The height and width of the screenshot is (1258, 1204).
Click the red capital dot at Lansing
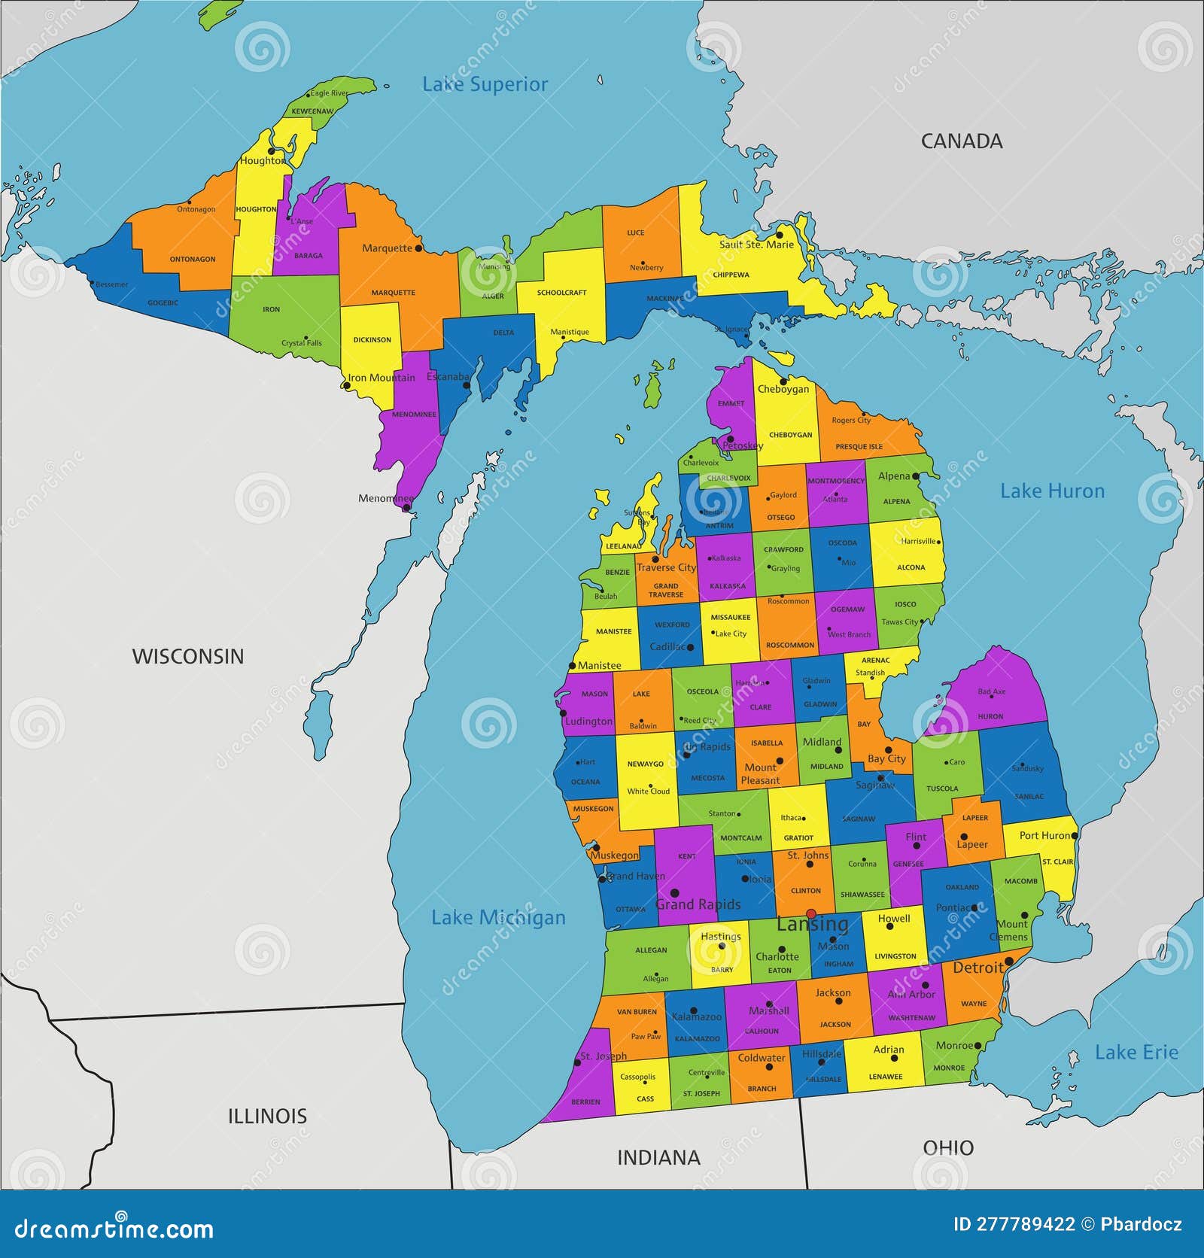tap(811, 913)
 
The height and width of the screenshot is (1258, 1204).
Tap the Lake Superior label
tap(485, 84)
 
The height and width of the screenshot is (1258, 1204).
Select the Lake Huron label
tap(1052, 491)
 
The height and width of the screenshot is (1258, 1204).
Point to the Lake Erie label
tap(1136, 1053)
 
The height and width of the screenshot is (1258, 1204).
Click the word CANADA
tap(962, 141)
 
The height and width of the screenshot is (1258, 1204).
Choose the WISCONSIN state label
tap(188, 656)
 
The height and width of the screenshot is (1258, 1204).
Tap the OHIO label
tap(948, 1147)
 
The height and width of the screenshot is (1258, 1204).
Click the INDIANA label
tap(658, 1157)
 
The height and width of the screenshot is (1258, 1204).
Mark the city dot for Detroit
tap(1009, 961)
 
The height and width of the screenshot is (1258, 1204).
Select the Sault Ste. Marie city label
tap(756, 245)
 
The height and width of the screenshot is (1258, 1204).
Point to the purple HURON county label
tap(990, 716)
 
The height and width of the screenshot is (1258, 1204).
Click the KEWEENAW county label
tap(312, 111)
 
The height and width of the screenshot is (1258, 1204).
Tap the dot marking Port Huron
tap(1075, 835)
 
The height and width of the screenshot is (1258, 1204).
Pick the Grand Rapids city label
tap(698, 904)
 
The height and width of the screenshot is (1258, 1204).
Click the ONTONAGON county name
tap(193, 259)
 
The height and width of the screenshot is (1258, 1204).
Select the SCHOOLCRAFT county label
tap(561, 293)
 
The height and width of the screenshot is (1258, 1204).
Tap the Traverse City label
tap(666, 567)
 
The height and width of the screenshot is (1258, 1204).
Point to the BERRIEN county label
tap(585, 1102)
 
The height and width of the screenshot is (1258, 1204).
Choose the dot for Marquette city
tap(418, 248)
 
